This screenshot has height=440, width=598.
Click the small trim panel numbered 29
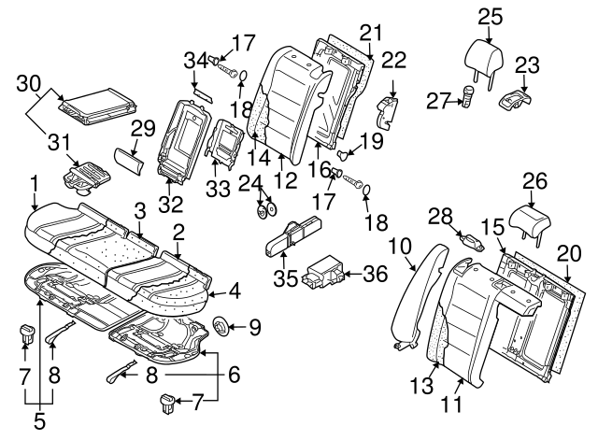pos(128,158)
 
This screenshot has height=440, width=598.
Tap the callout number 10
pos(399,246)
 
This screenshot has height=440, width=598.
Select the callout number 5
pos(38,420)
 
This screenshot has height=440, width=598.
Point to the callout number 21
pos(372,33)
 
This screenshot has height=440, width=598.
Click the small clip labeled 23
pos(515,96)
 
